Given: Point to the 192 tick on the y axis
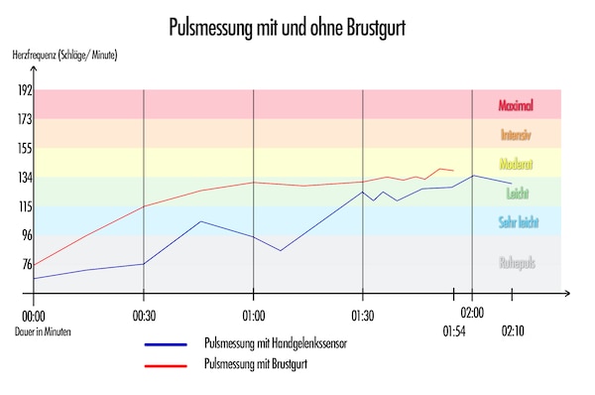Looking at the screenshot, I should [x=24, y=90].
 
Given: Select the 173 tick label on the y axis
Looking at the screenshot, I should [x=24, y=119].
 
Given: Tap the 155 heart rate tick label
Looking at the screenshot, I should [x=24, y=148].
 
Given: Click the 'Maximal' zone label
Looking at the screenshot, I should [x=517, y=104].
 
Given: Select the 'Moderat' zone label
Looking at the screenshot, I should [x=517, y=163].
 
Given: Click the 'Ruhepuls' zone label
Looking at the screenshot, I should [x=517, y=264].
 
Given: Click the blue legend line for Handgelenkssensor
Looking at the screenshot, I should [x=166, y=345].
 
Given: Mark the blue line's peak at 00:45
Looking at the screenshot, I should [x=200, y=221].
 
